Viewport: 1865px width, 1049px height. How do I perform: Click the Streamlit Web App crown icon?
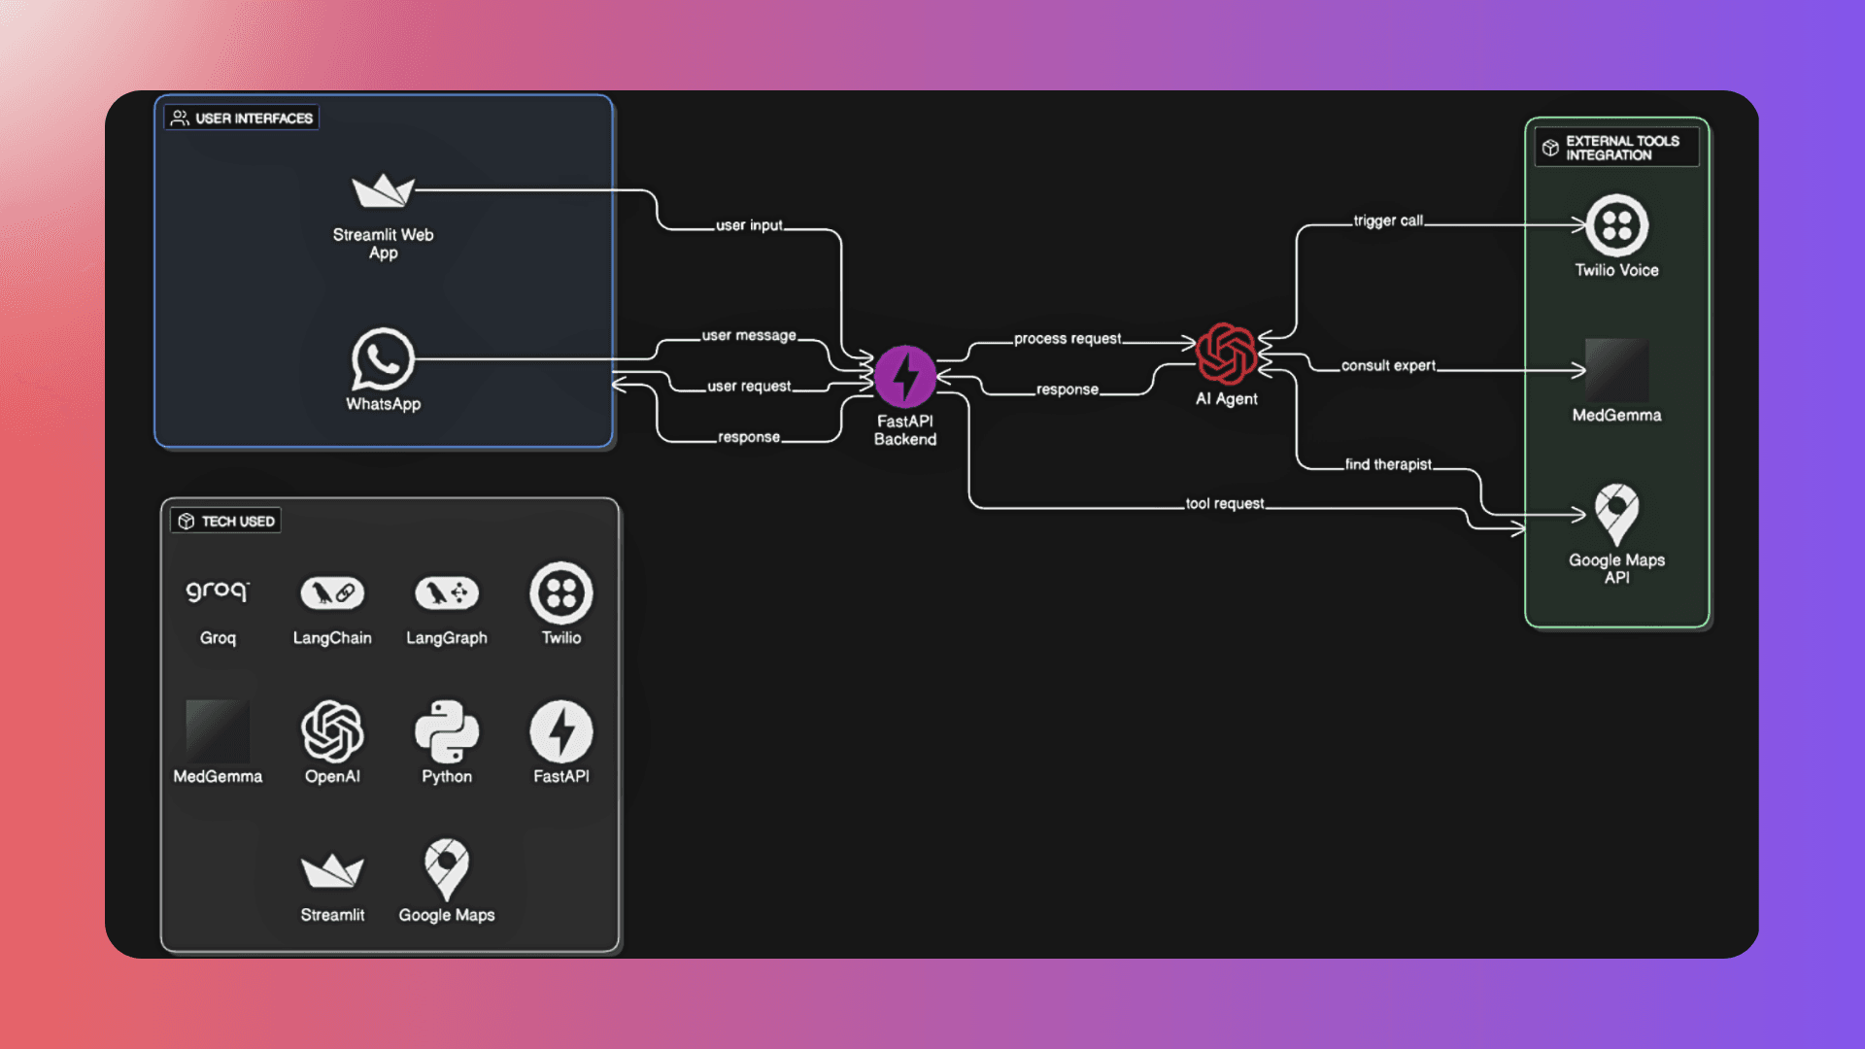click(x=383, y=190)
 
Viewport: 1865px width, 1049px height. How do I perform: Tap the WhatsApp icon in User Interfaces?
click(x=383, y=359)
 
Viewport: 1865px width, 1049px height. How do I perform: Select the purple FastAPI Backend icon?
click(x=904, y=377)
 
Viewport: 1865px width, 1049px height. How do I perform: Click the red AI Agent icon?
click(x=1226, y=354)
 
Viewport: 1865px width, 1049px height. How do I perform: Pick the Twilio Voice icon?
click(x=1616, y=225)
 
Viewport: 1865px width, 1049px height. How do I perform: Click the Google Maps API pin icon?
click(x=1616, y=513)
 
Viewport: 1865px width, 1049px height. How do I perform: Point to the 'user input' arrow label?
click(x=749, y=225)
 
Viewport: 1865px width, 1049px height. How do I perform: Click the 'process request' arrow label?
click(x=1067, y=339)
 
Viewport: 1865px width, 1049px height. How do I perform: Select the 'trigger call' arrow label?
click(x=1388, y=220)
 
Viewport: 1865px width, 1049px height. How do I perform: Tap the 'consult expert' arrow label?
click(x=1388, y=366)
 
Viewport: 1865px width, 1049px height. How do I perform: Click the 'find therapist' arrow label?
click(x=1388, y=464)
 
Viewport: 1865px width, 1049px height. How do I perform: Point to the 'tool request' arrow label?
click(x=1225, y=503)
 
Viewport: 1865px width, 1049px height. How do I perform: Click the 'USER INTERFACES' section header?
click(x=242, y=118)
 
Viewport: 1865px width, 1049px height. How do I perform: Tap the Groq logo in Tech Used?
click(x=218, y=592)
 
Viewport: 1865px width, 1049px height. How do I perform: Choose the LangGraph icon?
click(x=447, y=592)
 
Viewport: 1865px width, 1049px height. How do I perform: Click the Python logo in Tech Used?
click(x=447, y=731)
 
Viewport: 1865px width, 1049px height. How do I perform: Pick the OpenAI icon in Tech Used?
click(x=332, y=731)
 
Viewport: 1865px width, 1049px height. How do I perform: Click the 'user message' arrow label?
click(x=749, y=335)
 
